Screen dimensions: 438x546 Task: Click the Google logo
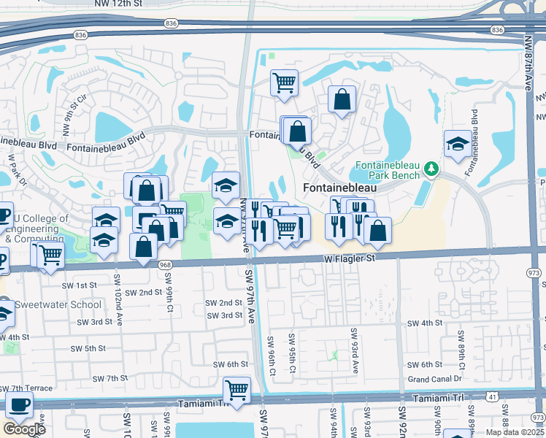24,429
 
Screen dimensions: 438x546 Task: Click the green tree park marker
431,169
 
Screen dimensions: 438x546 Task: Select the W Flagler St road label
349,258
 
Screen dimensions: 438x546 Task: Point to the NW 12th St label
118,4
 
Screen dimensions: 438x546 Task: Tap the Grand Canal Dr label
435,379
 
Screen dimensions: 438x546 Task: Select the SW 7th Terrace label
27,388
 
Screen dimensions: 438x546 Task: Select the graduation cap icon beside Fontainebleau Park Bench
457,144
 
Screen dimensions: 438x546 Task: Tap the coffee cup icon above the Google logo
19,404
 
